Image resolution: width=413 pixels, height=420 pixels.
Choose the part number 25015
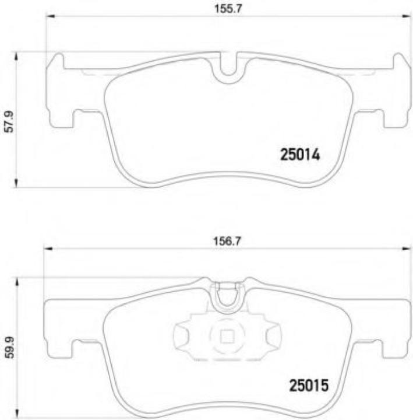(309, 386)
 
